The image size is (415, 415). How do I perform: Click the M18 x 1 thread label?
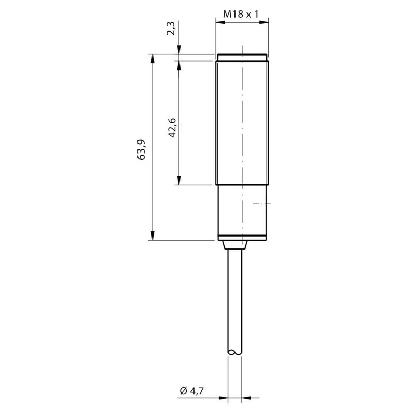(241, 14)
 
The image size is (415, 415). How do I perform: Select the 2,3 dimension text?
(171, 29)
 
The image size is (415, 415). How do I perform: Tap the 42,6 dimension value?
(172, 128)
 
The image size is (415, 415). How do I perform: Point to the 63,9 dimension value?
(141, 149)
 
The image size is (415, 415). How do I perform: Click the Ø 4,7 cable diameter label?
(191, 391)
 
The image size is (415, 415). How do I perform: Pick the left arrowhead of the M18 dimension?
(220, 22)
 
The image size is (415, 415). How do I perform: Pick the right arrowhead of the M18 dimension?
(264, 22)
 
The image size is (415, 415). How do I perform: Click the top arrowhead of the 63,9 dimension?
(152, 59)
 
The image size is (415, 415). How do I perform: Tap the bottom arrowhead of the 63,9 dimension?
(152, 236)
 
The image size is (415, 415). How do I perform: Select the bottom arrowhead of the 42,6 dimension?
(179, 180)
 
